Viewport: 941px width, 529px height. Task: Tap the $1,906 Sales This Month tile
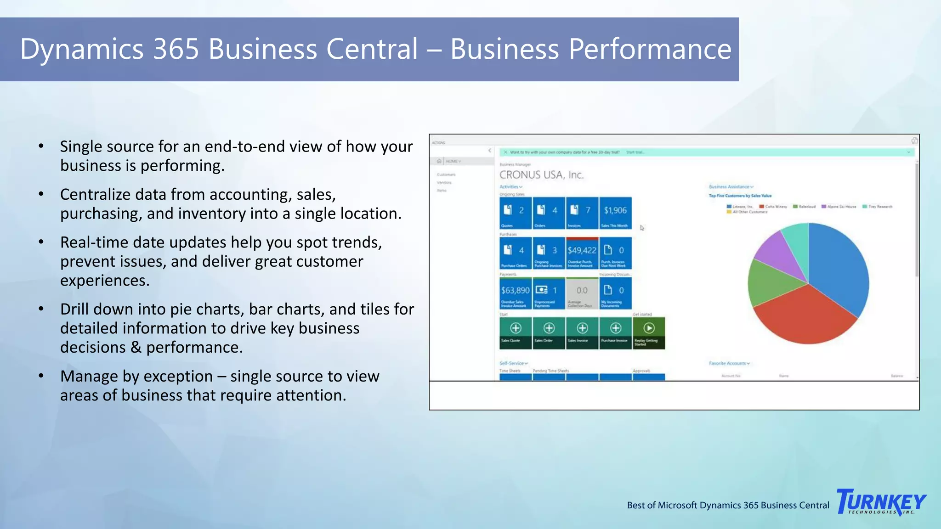(615, 213)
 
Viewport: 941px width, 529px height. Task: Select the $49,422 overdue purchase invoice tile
(582, 253)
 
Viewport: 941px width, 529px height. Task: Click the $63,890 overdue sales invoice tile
(515, 293)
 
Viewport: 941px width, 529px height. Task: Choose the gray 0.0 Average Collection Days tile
(582, 293)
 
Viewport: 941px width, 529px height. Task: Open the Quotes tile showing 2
(515, 213)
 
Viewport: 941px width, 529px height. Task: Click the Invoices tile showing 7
(582, 213)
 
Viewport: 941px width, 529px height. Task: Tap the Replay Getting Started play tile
(648, 333)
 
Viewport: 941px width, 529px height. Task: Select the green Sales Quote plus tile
(515, 333)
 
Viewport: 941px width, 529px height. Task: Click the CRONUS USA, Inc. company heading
(541, 175)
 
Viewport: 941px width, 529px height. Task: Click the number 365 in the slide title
(176, 49)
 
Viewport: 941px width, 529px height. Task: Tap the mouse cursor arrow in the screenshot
(642, 228)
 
